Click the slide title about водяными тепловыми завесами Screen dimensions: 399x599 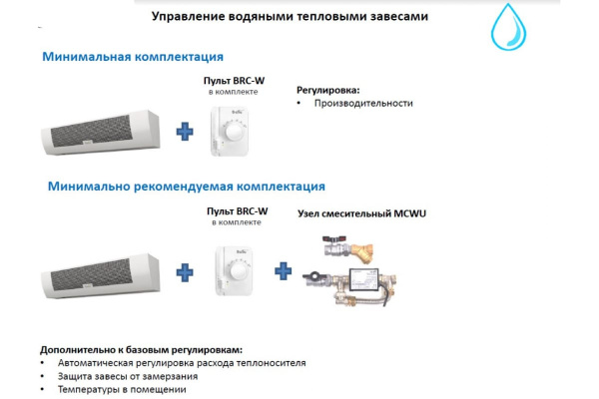click(277, 17)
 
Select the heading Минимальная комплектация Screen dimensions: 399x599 click(132, 57)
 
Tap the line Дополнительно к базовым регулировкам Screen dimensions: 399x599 click(141, 350)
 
